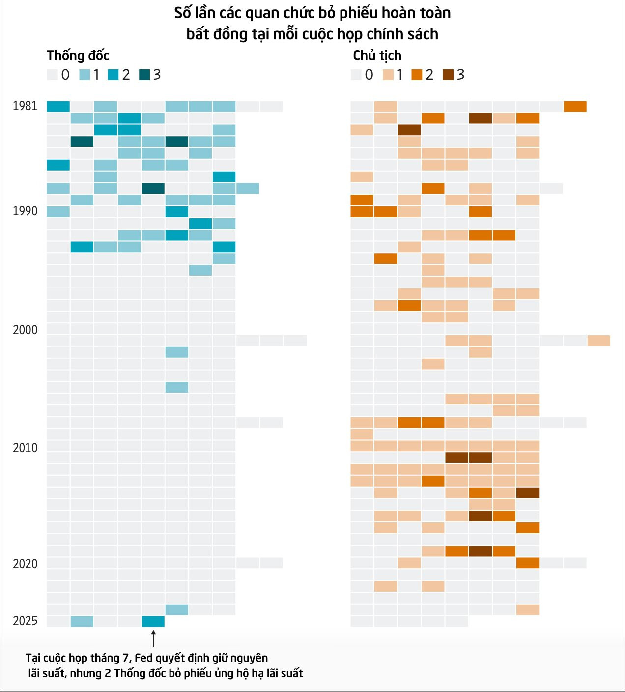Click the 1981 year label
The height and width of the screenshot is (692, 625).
coord(25,106)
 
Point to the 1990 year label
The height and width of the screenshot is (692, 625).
coord(25,211)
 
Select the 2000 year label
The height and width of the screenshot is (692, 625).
coord(25,330)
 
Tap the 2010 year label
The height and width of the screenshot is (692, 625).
coord(25,448)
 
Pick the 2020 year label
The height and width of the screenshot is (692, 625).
coord(25,564)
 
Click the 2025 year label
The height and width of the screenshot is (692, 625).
coord(25,621)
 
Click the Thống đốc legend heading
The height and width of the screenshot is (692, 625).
coord(78,56)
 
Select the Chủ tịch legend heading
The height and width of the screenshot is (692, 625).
coord(377,56)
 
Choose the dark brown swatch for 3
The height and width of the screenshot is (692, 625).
coord(448,75)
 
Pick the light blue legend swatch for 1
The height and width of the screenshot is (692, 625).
coord(85,75)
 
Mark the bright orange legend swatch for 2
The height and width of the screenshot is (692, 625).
coord(417,75)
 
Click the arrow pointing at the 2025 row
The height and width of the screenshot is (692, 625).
coord(153,638)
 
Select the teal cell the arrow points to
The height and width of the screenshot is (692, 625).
coord(153,621)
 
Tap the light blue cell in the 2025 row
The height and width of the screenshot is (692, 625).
coord(82,621)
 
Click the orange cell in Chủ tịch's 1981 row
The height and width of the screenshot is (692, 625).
coord(575,106)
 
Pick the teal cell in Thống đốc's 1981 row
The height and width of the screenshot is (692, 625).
coord(58,106)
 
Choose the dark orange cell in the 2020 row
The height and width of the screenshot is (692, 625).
coord(528,563)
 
